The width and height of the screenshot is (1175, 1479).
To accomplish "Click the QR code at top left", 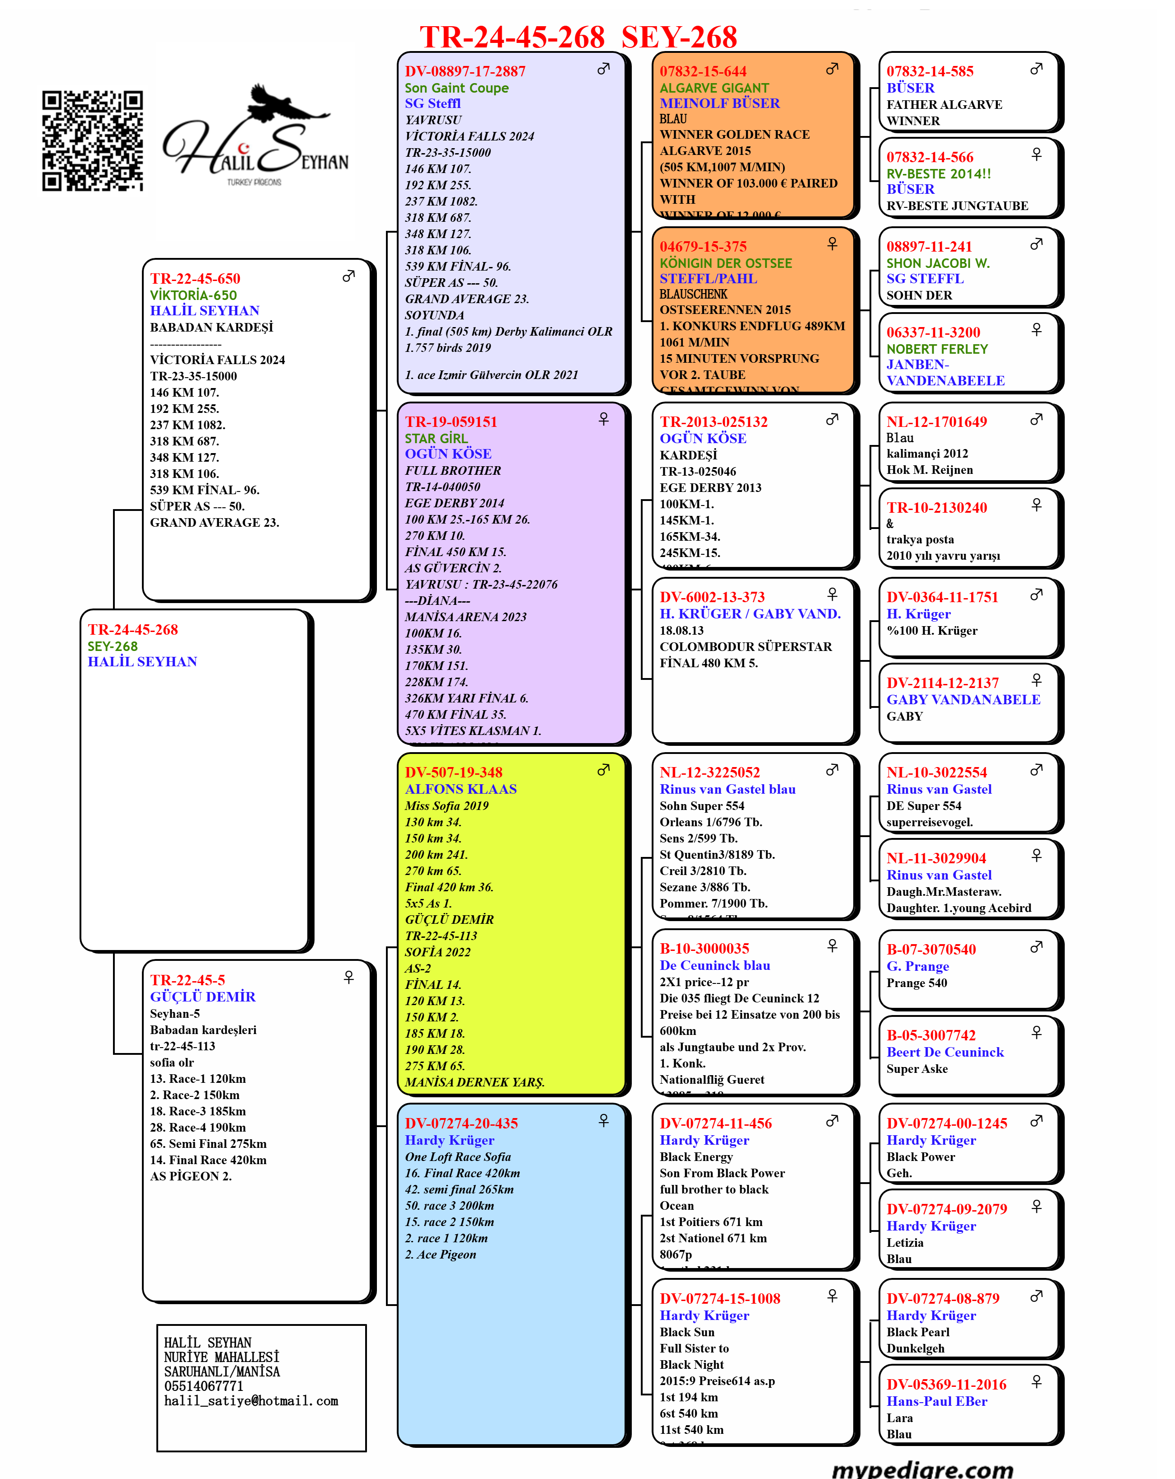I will pos(92,140).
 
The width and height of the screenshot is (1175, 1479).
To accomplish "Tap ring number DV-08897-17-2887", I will pos(465,71).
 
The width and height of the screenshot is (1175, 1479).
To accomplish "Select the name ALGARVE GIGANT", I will pos(714,88).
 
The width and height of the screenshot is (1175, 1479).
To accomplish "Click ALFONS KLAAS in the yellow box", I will pos(461,789).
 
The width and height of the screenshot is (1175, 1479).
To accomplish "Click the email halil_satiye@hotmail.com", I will pos(250,1401).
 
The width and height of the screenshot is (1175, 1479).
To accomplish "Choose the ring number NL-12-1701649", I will pos(936,422).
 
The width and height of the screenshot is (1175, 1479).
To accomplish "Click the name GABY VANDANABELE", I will pos(963,700).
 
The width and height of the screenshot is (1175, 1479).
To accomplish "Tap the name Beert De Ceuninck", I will pos(945,1052).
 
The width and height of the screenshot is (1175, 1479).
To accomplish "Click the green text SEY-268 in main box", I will pos(113,646).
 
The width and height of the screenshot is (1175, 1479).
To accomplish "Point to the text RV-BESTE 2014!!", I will pos(938,173).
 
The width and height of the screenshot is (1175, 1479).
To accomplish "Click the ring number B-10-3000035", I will pos(704,949).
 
